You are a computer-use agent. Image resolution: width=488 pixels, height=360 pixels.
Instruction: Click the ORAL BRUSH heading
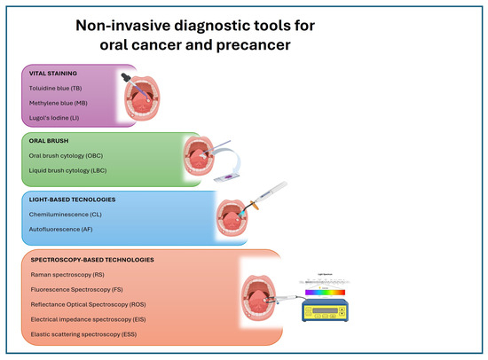coord(50,142)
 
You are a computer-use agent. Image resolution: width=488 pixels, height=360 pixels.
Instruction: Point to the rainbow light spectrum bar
coord(327,290)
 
